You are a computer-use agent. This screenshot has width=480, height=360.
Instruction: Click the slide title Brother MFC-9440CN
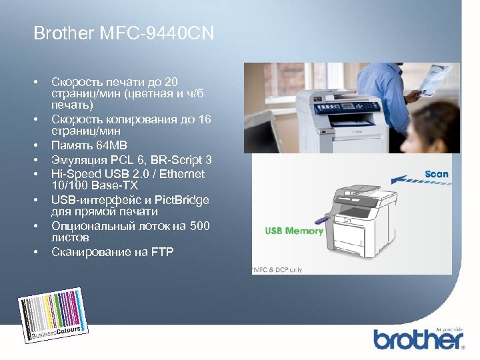pyautogui.click(x=124, y=33)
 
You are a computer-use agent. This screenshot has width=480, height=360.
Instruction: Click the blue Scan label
pyautogui.click(x=437, y=174)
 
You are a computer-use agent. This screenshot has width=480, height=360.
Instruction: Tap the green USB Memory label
pyautogui.click(x=294, y=231)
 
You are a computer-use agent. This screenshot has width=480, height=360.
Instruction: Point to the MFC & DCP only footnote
pyautogui.click(x=277, y=270)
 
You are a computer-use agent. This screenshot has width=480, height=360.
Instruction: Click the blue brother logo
pyautogui.click(x=418, y=339)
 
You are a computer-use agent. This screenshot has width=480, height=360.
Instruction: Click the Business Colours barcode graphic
pyautogui.click(x=54, y=314)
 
